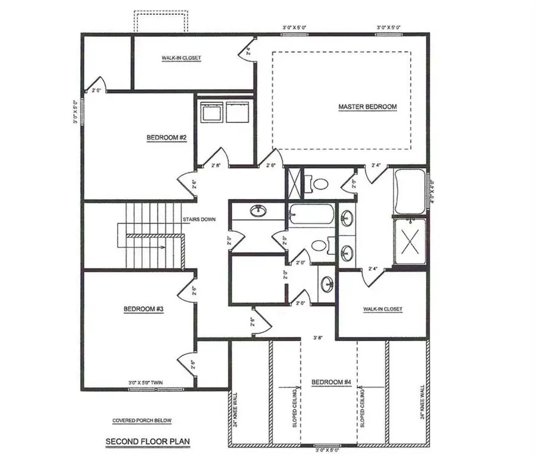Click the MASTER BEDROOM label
367,107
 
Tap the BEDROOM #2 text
167,138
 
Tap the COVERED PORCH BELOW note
142,421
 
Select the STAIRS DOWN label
199,219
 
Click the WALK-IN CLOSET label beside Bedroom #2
181,58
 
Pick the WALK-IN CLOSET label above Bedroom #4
382,309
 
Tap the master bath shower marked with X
410,242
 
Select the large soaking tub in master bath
409,192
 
